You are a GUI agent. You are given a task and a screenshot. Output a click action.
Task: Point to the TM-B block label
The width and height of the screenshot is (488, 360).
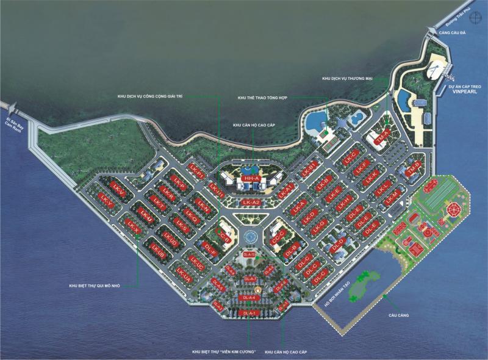click(x=414, y=167)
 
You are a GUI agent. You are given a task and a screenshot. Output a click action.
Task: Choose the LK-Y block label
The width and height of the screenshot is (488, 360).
click(x=106, y=201)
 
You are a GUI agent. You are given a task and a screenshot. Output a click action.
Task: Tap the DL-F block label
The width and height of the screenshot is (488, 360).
click(x=211, y=250)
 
